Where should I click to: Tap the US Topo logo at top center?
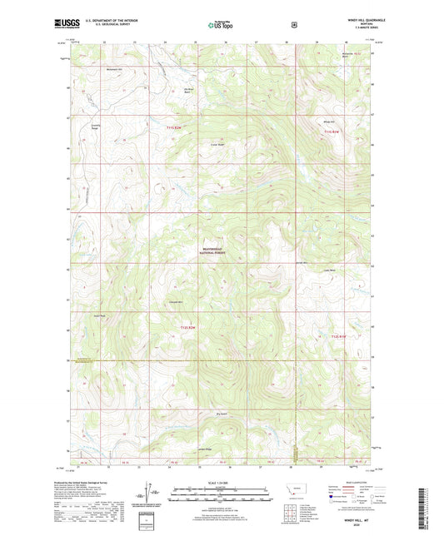point(220,25)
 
